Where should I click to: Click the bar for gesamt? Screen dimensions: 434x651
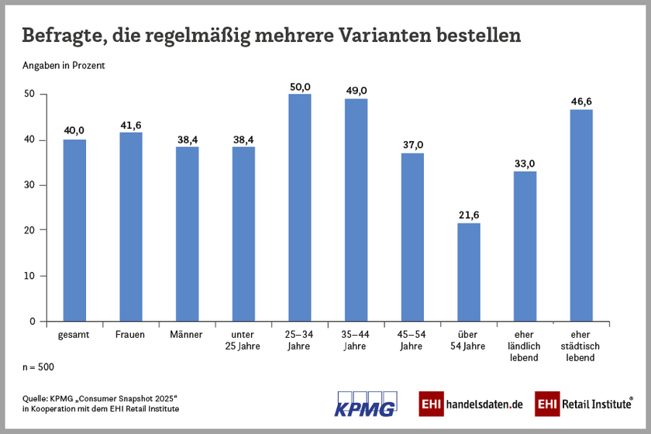(x=74, y=230)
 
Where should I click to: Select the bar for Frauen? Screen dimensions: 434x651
(x=131, y=226)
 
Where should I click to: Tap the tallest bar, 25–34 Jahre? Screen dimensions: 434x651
(x=300, y=208)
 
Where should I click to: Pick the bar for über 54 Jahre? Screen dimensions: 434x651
(x=469, y=272)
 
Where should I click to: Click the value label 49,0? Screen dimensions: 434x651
(x=356, y=89)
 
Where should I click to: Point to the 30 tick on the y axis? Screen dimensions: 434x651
(x=30, y=185)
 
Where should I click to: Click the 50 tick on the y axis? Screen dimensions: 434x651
(x=30, y=94)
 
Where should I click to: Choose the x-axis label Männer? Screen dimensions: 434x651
(x=187, y=335)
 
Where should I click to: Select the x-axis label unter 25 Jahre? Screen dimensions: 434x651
(x=243, y=340)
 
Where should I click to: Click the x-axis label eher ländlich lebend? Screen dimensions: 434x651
(x=525, y=346)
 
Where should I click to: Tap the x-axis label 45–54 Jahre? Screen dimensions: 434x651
(x=412, y=340)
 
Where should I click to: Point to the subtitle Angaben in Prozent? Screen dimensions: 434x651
(x=64, y=66)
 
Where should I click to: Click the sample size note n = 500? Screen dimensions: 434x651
(x=39, y=367)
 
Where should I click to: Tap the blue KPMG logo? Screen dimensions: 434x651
(x=365, y=404)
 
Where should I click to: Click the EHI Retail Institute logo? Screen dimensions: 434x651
(x=584, y=404)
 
